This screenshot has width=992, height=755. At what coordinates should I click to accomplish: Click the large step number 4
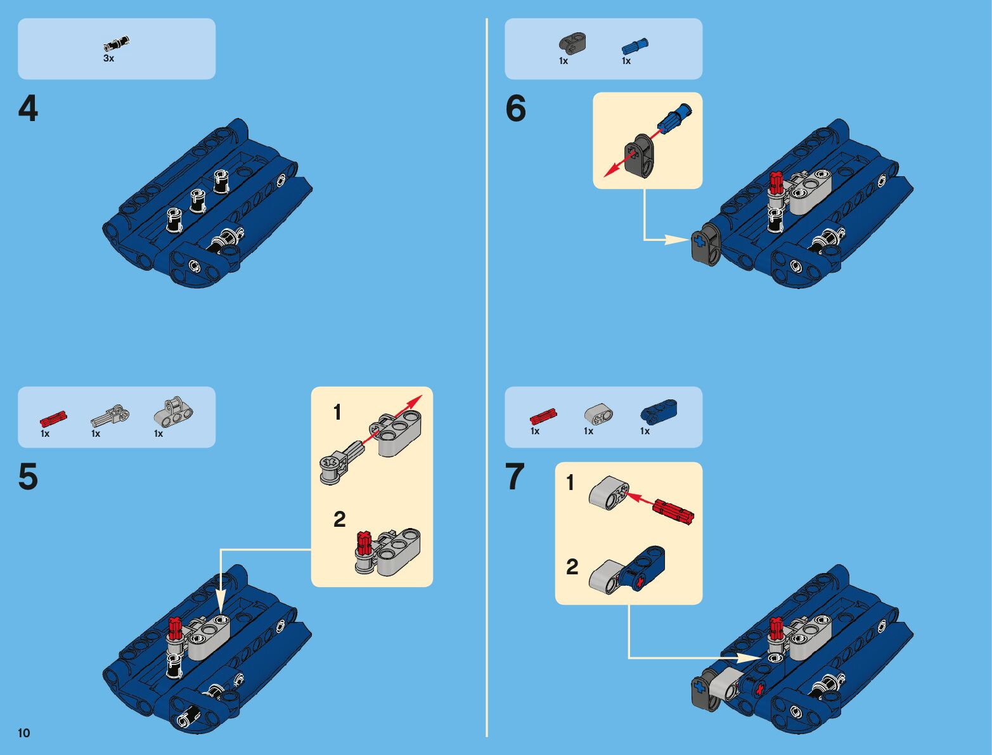coord(28,109)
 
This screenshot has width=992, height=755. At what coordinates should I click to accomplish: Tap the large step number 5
coord(28,477)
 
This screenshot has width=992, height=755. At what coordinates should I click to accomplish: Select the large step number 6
coord(515,109)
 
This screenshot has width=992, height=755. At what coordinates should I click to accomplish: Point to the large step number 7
coord(515,477)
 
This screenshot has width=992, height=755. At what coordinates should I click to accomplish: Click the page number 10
coord(24,733)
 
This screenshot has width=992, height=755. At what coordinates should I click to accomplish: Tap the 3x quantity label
coord(109,59)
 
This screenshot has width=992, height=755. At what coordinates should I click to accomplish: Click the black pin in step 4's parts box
coord(116,44)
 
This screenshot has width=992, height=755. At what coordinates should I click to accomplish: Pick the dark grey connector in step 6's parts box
coord(572,42)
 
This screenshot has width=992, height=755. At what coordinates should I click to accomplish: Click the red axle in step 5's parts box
coord(53,419)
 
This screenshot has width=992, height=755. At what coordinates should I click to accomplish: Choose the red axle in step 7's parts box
coord(543,416)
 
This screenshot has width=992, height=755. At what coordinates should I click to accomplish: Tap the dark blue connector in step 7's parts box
coord(659,411)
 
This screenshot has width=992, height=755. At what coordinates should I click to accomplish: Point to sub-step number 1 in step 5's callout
coord(337,413)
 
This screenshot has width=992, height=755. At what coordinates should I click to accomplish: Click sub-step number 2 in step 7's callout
coord(572,567)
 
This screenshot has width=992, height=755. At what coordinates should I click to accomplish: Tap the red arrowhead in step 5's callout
coord(416,401)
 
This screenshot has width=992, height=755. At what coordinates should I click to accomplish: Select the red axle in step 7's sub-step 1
coord(674,511)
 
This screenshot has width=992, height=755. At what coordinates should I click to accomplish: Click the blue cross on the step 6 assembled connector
coord(700,242)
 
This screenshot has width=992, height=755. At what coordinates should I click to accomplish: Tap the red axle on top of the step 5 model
coord(176,626)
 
